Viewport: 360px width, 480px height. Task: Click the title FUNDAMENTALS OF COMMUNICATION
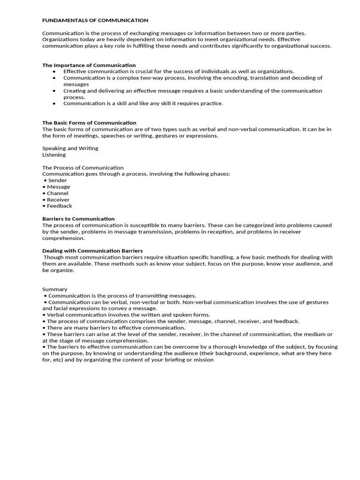pyautogui.click(x=95, y=21)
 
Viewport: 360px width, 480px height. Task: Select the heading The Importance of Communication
pyautogui.click(x=89, y=65)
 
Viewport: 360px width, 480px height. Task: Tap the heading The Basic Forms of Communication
pyautogui.click(x=89, y=123)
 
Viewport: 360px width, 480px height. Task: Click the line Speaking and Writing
pyautogui.click(x=70, y=148)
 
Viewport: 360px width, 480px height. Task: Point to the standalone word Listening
pyautogui.click(x=54, y=155)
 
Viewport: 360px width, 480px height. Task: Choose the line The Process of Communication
pyautogui.click(x=83, y=167)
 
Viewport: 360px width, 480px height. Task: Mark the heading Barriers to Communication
pyautogui.click(x=78, y=219)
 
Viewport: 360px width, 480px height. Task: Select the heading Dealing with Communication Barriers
pyautogui.click(x=92, y=251)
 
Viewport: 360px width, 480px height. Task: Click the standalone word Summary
pyautogui.click(x=55, y=289)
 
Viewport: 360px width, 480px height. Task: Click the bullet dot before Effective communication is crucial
pyautogui.click(x=54, y=72)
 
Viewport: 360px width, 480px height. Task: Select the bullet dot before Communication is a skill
pyautogui.click(x=54, y=104)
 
